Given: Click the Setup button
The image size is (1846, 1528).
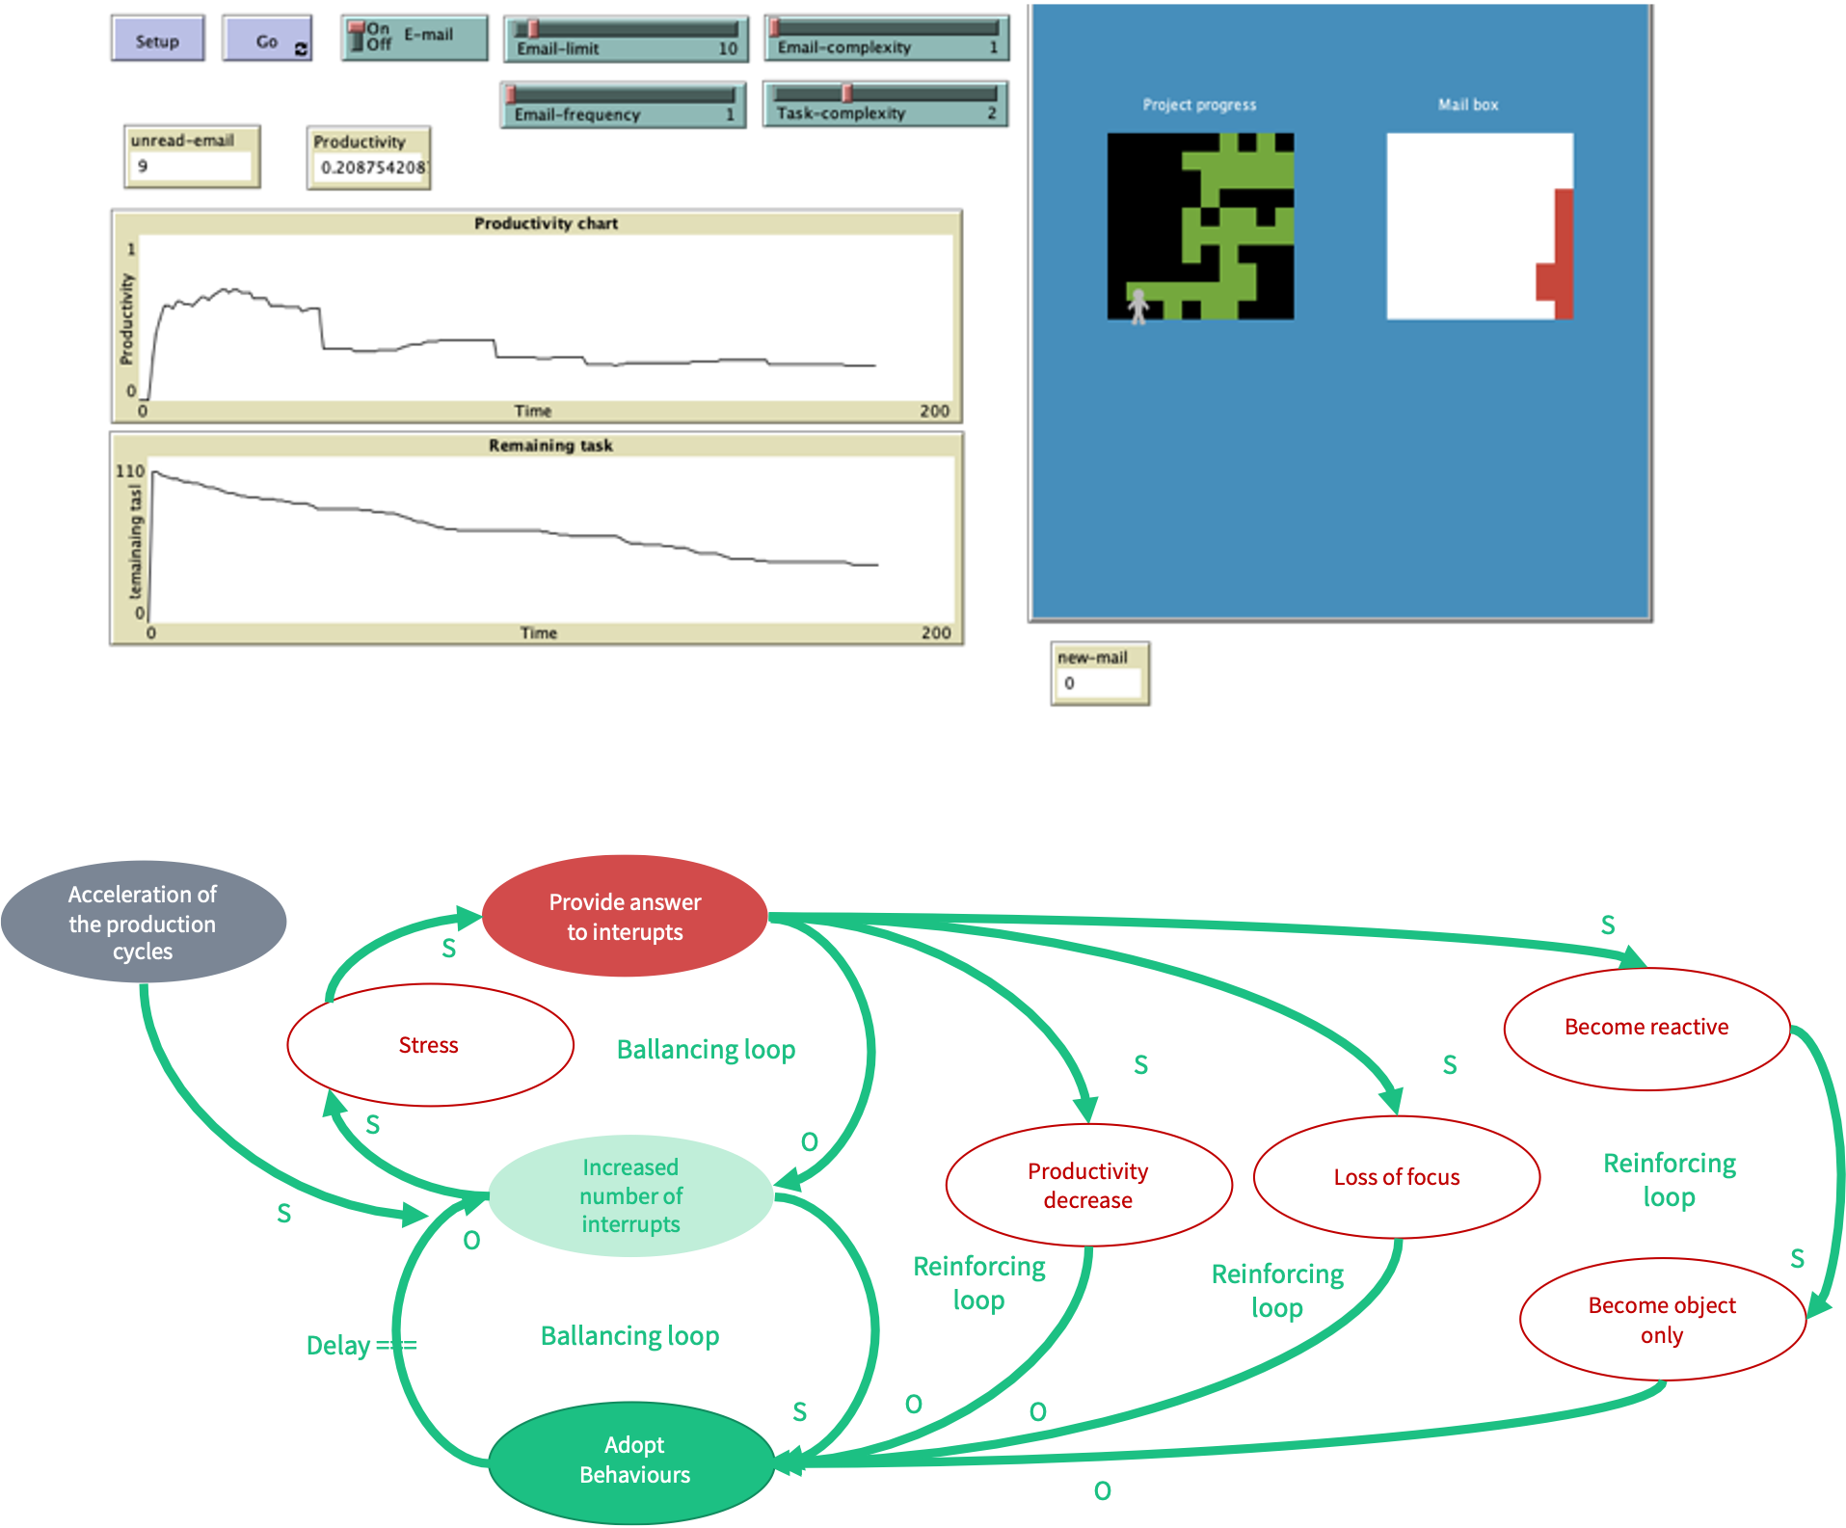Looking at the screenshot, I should pyautogui.click(x=157, y=40).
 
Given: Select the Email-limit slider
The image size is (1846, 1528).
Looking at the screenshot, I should pyautogui.click(x=625, y=40).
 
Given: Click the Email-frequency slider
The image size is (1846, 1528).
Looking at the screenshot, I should pyautogui.click(x=623, y=105).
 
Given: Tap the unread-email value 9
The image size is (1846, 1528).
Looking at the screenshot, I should pyautogui.click(x=143, y=166).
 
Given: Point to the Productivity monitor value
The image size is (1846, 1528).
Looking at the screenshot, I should pyautogui.click(x=371, y=168).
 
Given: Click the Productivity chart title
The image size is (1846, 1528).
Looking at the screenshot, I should pyautogui.click(x=546, y=224).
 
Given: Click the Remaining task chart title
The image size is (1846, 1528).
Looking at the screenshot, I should pyautogui.click(x=550, y=445).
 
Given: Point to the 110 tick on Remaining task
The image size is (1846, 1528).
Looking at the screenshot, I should pyautogui.click(x=130, y=471).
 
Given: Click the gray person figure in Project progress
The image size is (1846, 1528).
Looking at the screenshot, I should pyautogui.click(x=1138, y=307).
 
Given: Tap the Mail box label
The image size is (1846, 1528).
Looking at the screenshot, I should pyautogui.click(x=1468, y=104).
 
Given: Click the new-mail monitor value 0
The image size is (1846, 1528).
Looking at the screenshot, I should pyautogui.click(x=1069, y=684).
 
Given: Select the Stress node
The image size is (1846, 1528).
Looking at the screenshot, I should pyautogui.click(x=430, y=1045).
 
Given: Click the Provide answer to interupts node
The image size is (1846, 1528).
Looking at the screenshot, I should pyautogui.click(x=625, y=917).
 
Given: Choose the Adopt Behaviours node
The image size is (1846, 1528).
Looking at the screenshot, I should pyautogui.click(x=633, y=1460).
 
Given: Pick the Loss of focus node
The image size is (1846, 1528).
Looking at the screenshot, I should pyautogui.click(x=1396, y=1177).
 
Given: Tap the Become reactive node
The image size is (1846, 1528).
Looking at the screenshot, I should pyautogui.click(x=1645, y=1028).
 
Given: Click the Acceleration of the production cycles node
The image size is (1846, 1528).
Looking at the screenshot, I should pyautogui.click(x=143, y=923).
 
